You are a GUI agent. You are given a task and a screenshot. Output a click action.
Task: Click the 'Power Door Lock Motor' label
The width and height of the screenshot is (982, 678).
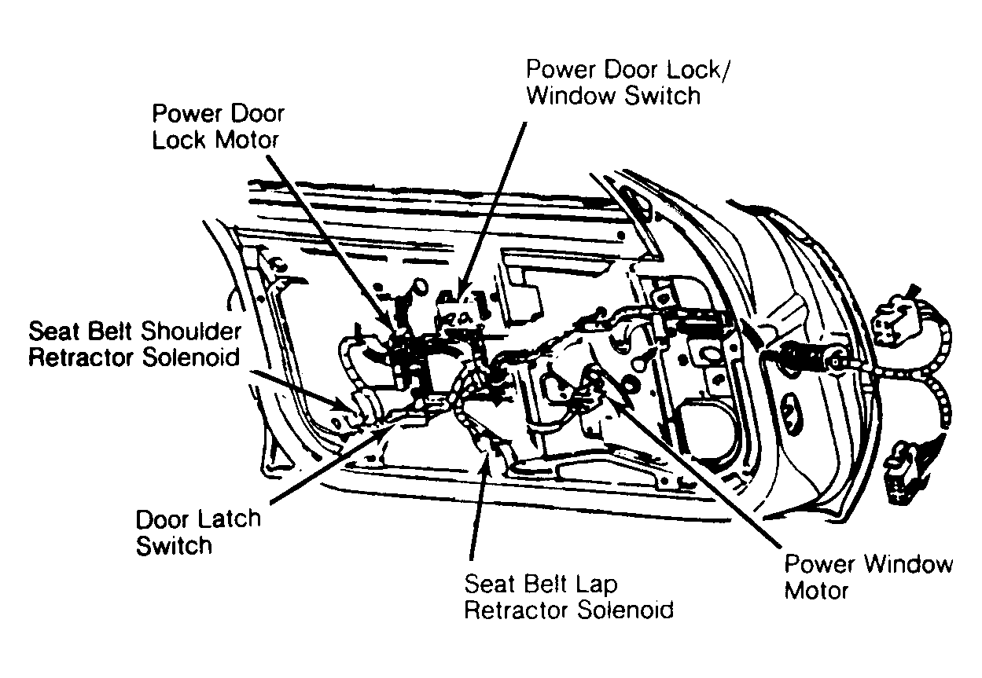(x=218, y=126)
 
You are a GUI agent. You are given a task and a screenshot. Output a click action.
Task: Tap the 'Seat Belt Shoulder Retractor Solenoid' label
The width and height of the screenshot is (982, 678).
(x=134, y=344)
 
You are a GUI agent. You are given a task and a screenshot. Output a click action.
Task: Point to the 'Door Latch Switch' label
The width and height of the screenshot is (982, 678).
(x=197, y=533)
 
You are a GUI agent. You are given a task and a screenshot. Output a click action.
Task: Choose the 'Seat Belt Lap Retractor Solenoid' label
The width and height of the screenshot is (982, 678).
(x=568, y=596)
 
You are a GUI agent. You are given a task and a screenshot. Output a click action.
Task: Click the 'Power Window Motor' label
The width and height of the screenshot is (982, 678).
(x=868, y=577)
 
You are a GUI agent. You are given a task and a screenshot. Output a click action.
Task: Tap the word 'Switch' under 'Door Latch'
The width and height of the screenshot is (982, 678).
(x=174, y=545)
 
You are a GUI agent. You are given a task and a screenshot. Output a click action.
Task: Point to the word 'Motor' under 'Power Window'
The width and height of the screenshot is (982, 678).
(x=817, y=589)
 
